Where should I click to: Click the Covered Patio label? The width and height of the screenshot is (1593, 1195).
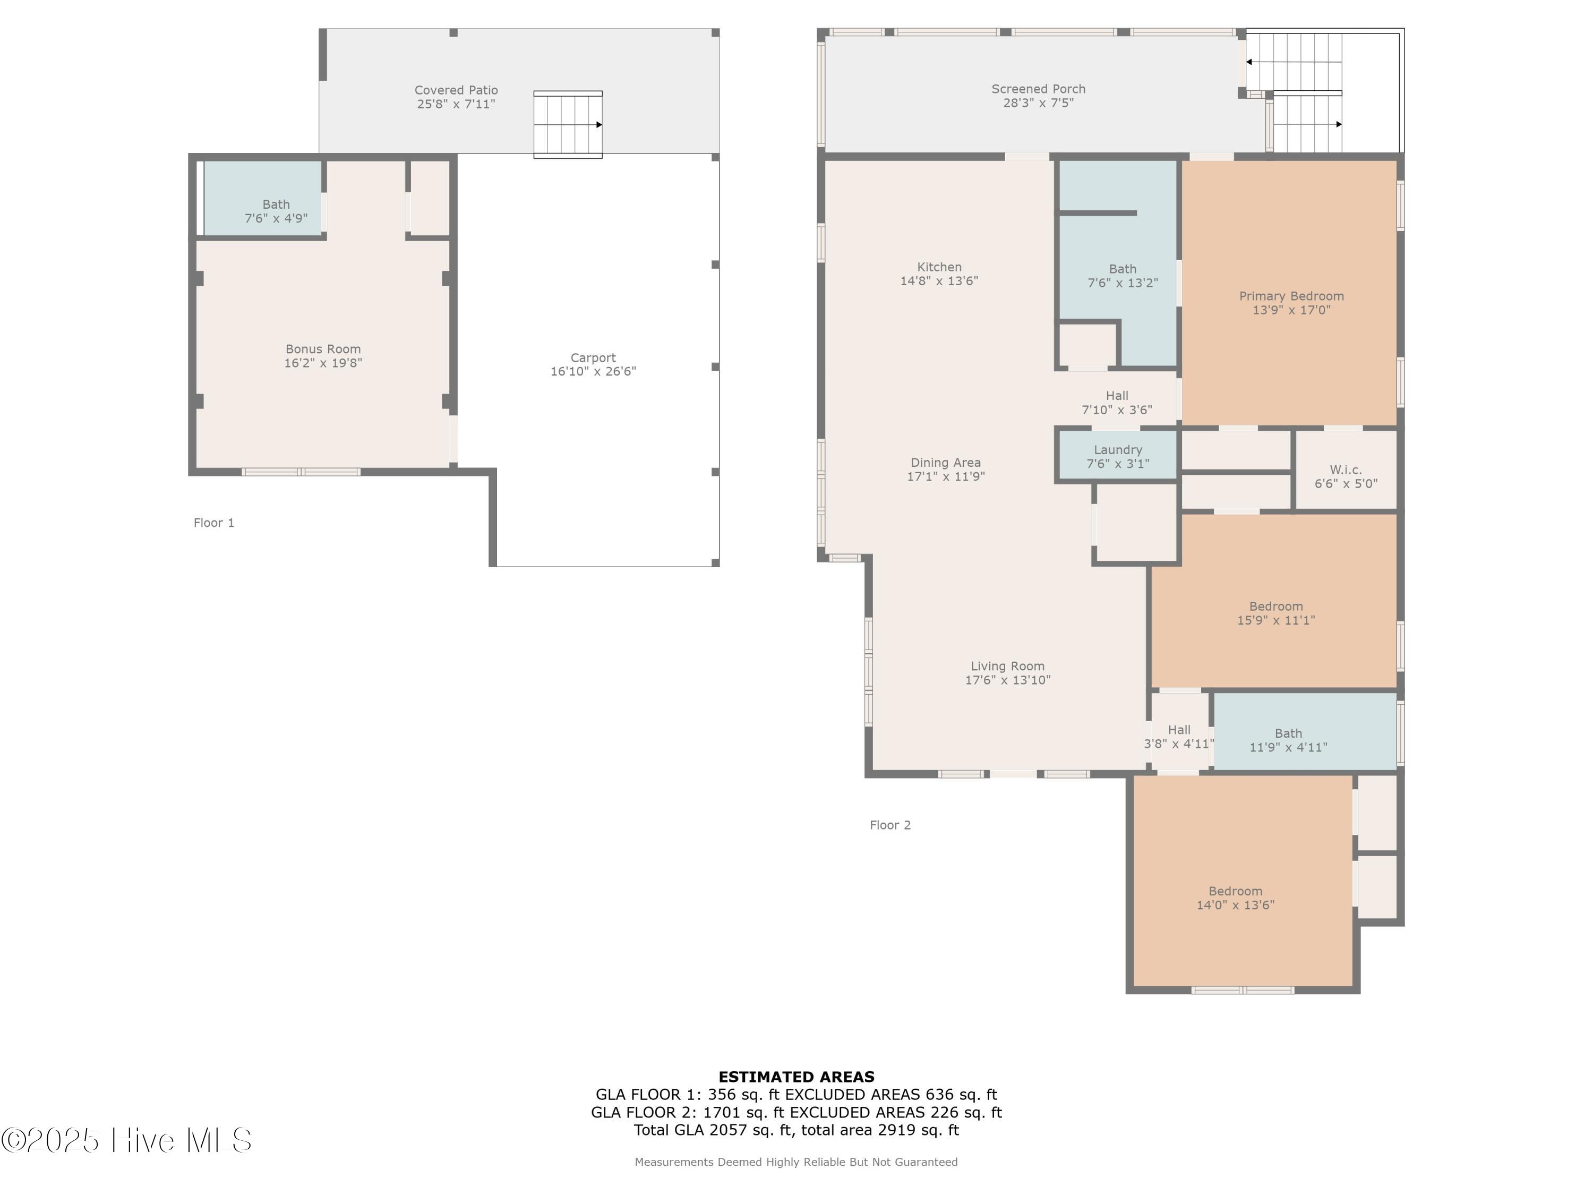coord(456,90)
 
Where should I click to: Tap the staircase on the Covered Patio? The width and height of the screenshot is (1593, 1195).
coord(568,125)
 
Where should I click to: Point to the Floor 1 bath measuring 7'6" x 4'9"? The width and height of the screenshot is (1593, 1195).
coord(276,211)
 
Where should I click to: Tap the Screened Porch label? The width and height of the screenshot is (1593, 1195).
coord(1038,89)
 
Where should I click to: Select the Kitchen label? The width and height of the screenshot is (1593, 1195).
coord(939,267)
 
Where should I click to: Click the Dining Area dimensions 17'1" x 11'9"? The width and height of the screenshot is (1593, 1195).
coord(946,476)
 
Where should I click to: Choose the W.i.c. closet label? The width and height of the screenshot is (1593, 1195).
coord(1345,470)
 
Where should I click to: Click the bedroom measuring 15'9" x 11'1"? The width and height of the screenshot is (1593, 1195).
coord(1275,613)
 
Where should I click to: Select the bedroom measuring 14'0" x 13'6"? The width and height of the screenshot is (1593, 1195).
coord(1235,898)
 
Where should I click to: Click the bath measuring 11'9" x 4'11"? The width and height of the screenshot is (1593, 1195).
coord(1288,740)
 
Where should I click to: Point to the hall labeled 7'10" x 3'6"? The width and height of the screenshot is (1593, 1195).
coord(1116,403)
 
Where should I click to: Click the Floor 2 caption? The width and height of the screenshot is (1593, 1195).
coord(890,825)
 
